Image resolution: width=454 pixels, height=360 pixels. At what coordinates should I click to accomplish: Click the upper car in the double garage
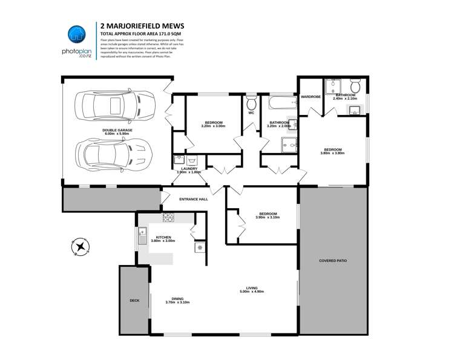[x=111, y=106]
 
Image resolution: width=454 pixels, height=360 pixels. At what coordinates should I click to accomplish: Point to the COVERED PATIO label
[x=333, y=261]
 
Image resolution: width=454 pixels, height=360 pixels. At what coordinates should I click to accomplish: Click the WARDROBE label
[x=311, y=96]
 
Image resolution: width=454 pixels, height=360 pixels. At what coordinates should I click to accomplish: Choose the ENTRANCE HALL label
[x=193, y=199]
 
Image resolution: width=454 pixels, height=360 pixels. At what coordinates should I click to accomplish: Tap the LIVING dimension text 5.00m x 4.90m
[x=252, y=292]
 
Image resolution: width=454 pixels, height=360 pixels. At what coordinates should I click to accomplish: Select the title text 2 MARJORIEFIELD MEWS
[x=142, y=26]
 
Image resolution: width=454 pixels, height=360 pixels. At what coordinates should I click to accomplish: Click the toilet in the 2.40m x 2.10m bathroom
[x=356, y=85]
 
